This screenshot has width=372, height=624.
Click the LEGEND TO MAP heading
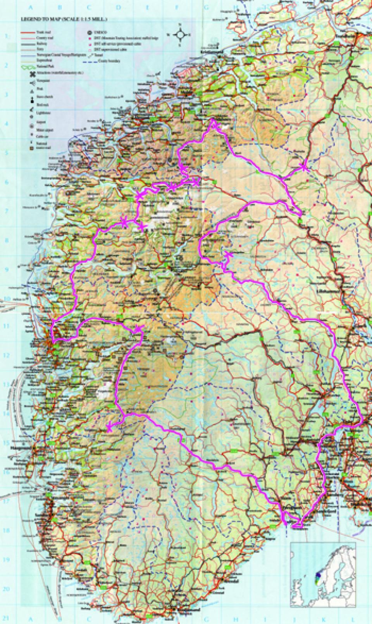(x=62, y=18)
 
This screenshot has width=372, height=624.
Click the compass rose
(x=181, y=35)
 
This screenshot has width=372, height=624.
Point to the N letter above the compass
(x=181, y=24)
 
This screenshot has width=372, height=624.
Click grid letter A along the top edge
(x=27, y=7)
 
